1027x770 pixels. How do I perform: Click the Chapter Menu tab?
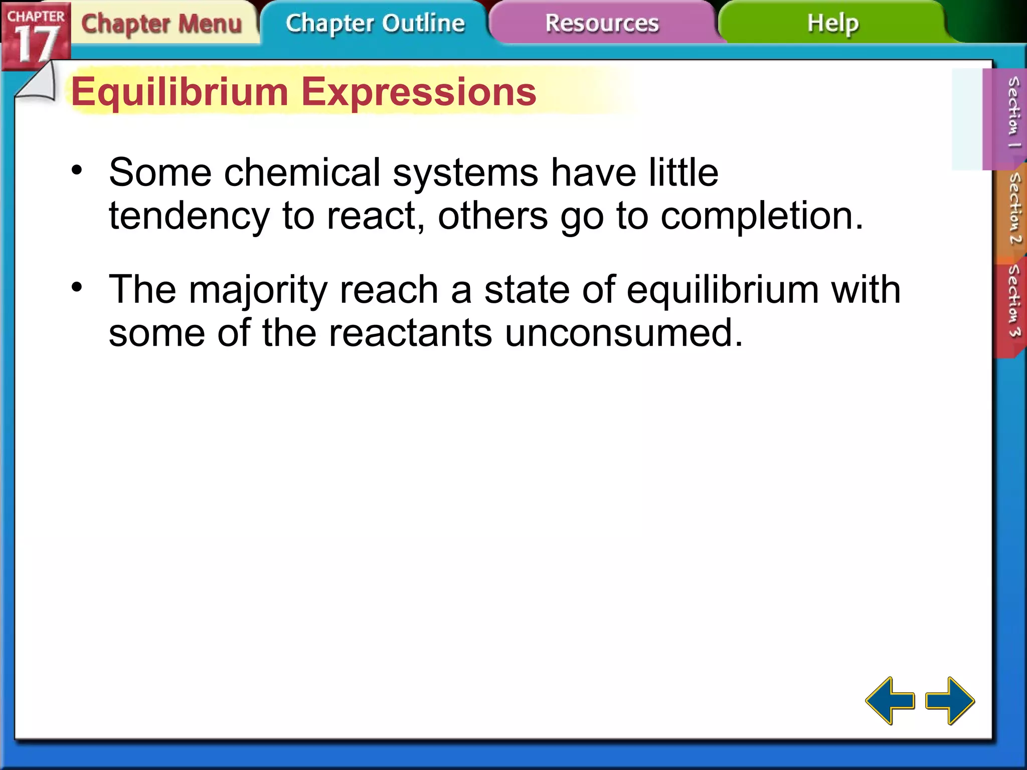click(161, 24)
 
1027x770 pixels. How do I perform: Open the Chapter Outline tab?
click(375, 24)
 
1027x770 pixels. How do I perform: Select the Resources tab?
click(602, 24)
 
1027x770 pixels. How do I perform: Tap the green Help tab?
click(832, 24)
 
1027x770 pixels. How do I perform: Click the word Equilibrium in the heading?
click(180, 92)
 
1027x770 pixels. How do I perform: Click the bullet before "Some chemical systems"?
click(77, 170)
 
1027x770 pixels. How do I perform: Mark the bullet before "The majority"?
click(77, 288)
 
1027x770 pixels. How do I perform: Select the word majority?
click(258, 291)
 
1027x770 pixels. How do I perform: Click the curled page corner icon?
click(36, 83)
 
